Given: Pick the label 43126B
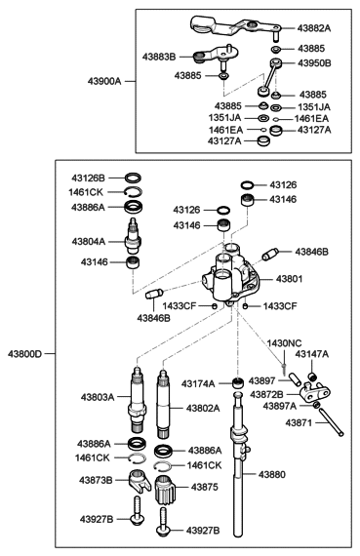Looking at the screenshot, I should click(x=88, y=179).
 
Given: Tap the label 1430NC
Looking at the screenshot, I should click(x=286, y=342).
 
